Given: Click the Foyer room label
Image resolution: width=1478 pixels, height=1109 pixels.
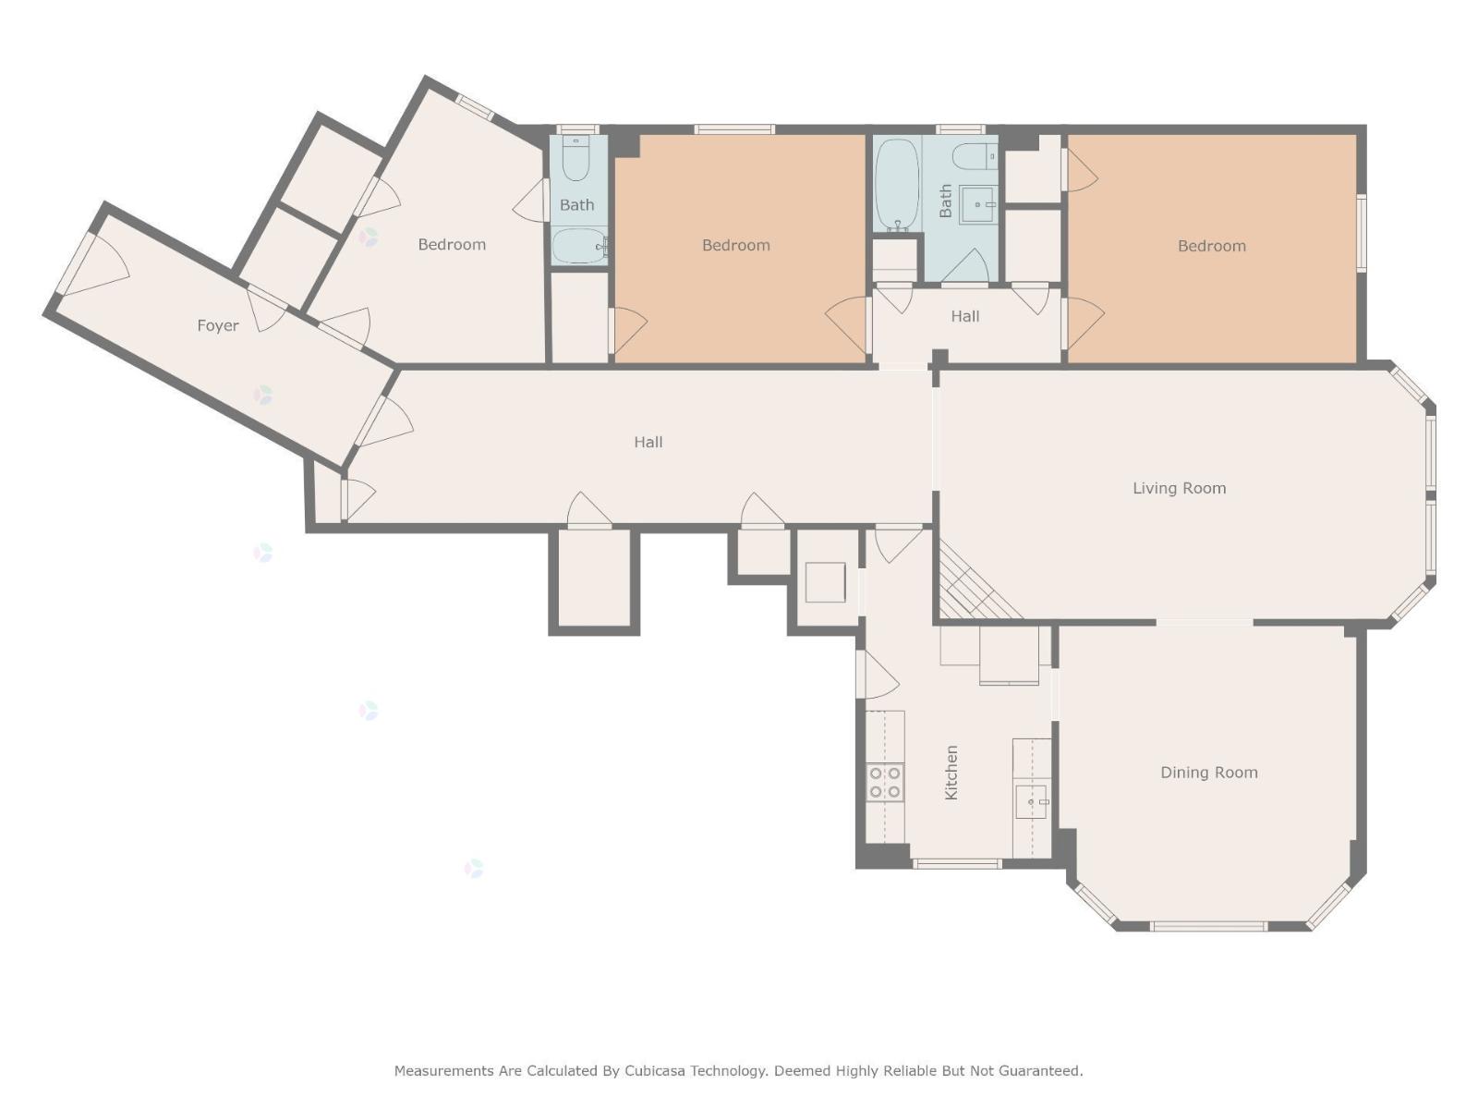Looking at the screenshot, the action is pos(217,326).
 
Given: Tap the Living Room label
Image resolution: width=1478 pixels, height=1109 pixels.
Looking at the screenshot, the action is pos(1179,488).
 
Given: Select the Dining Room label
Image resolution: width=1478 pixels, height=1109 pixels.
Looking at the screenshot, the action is pos(1208,773).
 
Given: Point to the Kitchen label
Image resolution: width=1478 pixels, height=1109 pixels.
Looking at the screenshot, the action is pos(951,773).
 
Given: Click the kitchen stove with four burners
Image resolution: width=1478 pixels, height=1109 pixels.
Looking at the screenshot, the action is pos(885,783).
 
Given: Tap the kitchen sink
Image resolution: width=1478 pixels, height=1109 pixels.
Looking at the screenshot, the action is pos(1032,801).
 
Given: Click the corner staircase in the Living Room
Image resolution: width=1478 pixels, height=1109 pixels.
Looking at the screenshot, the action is pos(976,582).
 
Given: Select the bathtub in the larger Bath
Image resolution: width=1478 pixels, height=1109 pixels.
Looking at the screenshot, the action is pos(897,184).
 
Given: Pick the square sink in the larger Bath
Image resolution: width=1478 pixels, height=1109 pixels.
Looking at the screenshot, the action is pos(977,204).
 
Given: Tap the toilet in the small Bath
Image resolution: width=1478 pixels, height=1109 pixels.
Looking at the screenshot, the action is pos(576,159).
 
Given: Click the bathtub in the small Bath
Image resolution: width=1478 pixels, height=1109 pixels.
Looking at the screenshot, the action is pos(580,247).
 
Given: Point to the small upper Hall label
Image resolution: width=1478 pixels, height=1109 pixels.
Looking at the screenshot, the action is pos(965,316).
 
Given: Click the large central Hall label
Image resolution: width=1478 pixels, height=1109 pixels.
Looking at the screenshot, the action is pos(648,443).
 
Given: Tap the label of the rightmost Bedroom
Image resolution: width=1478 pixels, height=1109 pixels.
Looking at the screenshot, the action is pos(1211,246).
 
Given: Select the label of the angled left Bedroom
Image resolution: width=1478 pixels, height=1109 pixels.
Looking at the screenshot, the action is pos(452,244).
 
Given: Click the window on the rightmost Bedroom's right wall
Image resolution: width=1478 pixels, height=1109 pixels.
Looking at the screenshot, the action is pos(1361,233).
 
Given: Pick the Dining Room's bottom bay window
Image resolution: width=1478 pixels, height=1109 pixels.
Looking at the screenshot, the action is pos(1208,927).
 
